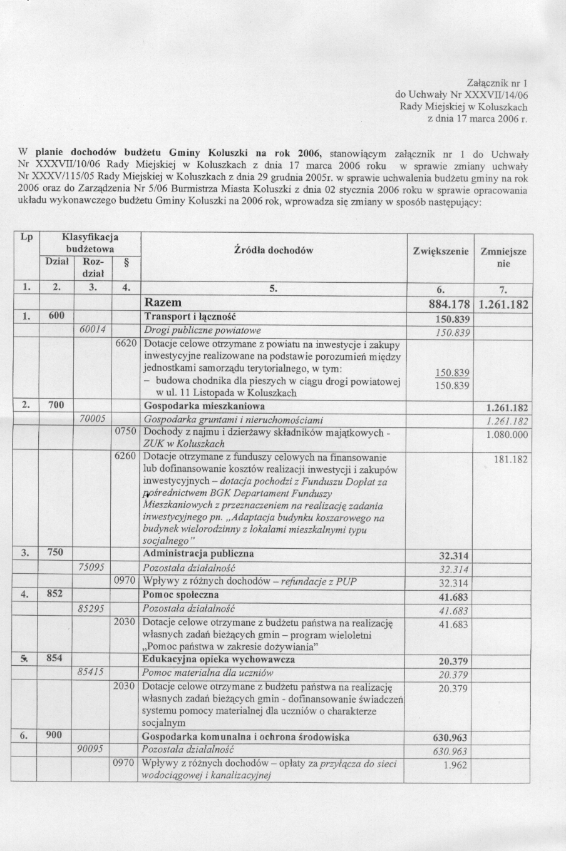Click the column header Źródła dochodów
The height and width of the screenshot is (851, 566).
point(273,251)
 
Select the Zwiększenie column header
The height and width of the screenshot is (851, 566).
point(441,251)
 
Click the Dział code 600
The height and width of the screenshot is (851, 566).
point(56,317)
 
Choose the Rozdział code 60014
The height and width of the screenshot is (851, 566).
point(92,330)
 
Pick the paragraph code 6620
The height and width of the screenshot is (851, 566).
point(126,344)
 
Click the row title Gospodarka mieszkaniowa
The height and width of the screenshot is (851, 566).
point(195,405)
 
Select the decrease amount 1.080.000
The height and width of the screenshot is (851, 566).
point(507,435)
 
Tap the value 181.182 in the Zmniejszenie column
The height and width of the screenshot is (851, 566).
point(511,459)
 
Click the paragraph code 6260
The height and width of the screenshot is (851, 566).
point(126,457)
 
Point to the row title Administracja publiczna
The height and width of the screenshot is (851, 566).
point(198,554)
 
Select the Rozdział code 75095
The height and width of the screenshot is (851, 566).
point(92,567)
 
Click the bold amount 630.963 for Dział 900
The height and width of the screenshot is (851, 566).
point(450,737)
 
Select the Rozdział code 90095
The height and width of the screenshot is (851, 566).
point(92,749)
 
